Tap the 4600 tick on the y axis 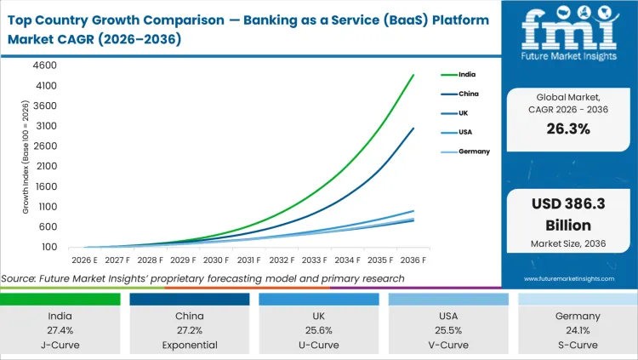click(x=45, y=66)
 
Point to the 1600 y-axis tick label click(x=45, y=186)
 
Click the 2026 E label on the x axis click(x=85, y=260)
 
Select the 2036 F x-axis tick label click(x=414, y=260)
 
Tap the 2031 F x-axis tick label click(x=249, y=260)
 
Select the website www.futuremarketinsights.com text click(x=569, y=278)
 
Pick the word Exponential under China click(x=189, y=345)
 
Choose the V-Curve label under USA click(x=447, y=345)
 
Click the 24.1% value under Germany click(x=577, y=329)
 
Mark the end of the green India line click(x=414, y=75)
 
